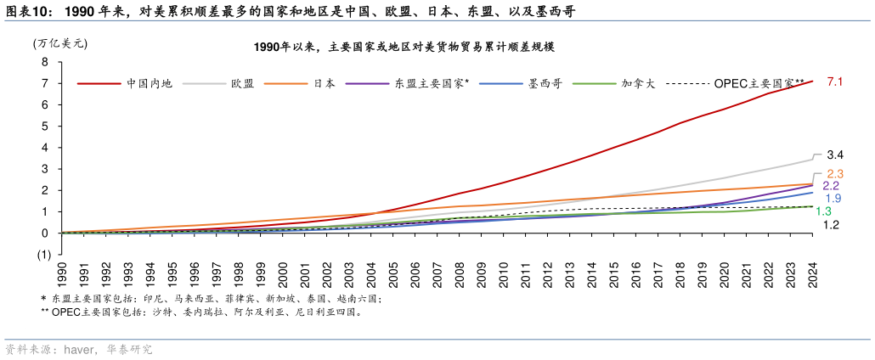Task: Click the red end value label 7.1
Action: (x=834, y=82)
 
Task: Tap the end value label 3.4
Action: (x=834, y=155)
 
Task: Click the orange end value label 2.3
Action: (x=834, y=174)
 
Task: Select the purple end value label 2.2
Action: (x=831, y=186)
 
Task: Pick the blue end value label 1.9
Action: (x=833, y=199)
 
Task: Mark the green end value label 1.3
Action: (x=823, y=211)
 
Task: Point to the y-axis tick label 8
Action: (x=43, y=62)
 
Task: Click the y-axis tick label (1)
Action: (x=42, y=255)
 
